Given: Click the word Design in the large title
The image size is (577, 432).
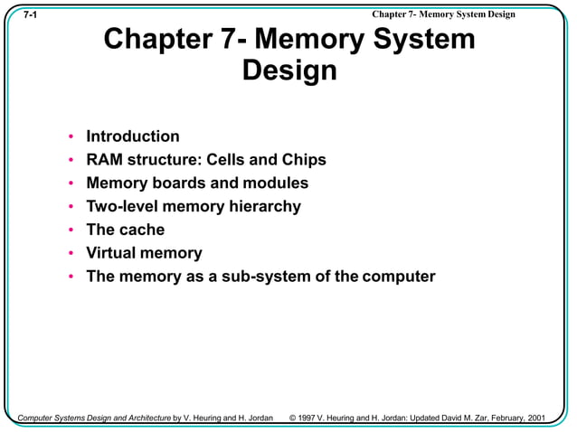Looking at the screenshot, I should [x=289, y=70].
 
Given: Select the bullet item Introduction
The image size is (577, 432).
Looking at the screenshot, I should [x=132, y=136].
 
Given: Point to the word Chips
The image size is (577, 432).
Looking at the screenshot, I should [x=302, y=160].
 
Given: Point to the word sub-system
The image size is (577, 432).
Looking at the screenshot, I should [x=259, y=277].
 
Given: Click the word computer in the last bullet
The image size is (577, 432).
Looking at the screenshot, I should [x=399, y=277].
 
